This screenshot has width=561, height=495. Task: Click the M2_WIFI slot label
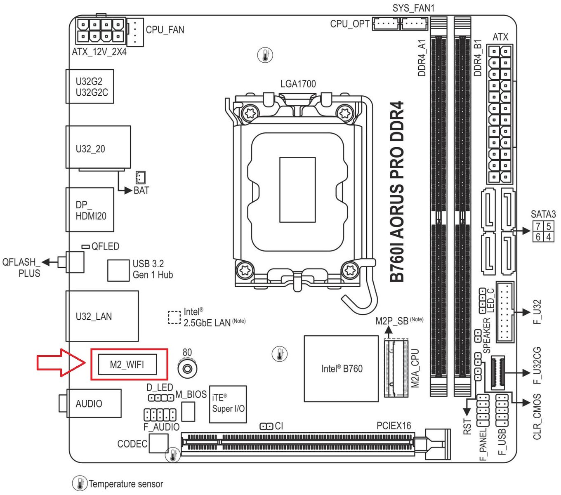tap(127, 365)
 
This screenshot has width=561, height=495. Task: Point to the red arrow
tap(61, 363)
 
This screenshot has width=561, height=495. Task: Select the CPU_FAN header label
tap(165, 30)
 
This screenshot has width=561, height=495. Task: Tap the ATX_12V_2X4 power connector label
tap(99, 52)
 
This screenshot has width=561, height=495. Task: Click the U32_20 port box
tap(98, 147)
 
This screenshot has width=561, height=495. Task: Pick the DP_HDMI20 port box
tap(90, 210)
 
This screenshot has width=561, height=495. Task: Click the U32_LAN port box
tap(102, 316)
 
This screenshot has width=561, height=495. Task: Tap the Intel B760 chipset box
tap(341, 369)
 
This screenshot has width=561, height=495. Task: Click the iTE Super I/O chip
tap(228, 404)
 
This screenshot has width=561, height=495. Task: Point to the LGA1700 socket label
tap(298, 84)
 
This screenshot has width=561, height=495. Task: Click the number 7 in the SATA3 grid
tap(538, 226)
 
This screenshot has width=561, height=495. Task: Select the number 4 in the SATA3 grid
tap(548, 237)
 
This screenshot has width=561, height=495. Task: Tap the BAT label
tap(141, 191)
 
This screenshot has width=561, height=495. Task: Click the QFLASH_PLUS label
tap(21, 268)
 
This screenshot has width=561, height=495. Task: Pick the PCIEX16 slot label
tap(394, 425)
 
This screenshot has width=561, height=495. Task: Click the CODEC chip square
tap(158, 443)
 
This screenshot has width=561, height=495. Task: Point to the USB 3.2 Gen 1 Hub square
tap(118, 270)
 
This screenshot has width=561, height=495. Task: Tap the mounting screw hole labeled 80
tap(187, 369)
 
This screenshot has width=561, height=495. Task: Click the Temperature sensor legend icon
tap(80, 483)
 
